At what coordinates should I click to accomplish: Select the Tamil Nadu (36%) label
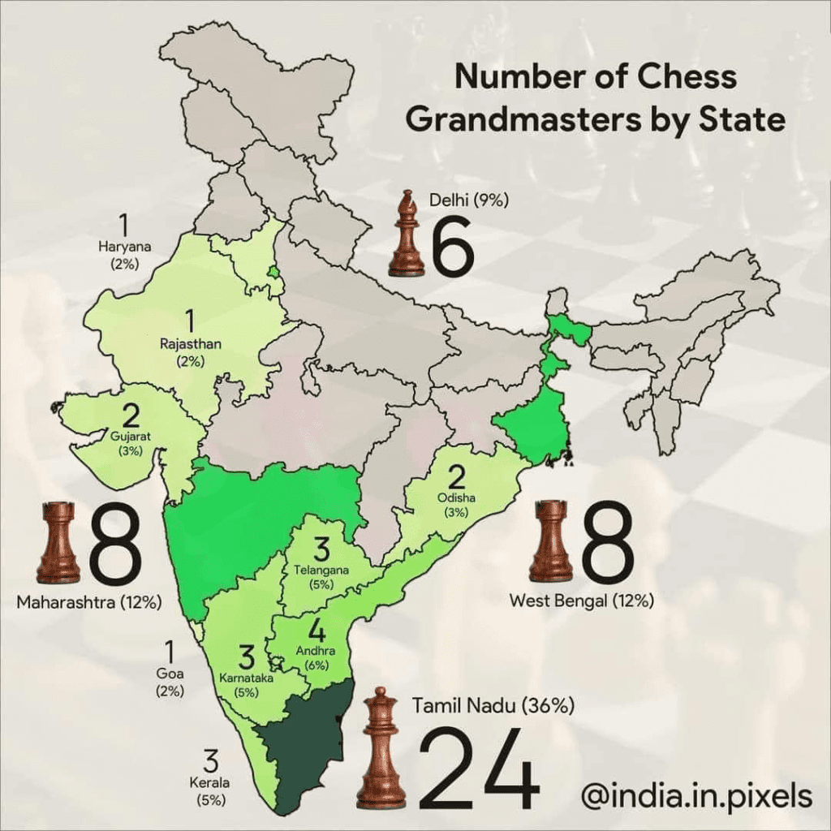pyautogui.click(x=493, y=707)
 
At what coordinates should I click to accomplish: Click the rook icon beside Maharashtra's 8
pyautogui.click(x=58, y=542)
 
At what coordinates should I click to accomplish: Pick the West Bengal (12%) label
pyautogui.click(x=581, y=601)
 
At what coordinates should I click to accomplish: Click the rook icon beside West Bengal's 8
pyautogui.click(x=550, y=541)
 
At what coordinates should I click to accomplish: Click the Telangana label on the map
pyautogui.click(x=321, y=571)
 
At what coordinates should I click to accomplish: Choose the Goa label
pyautogui.click(x=170, y=674)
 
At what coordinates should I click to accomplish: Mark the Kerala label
pyautogui.click(x=210, y=784)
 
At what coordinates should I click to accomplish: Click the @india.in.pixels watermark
pyautogui.click(x=696, y=795)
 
